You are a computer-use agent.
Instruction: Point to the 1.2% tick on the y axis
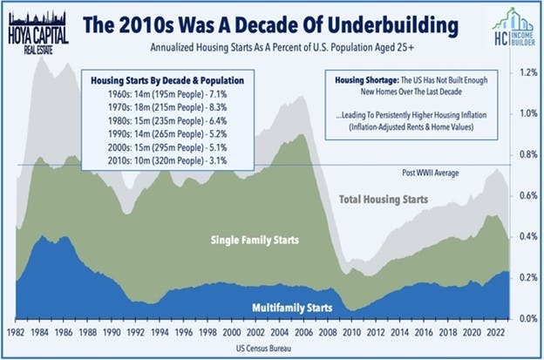[x=526, y=72]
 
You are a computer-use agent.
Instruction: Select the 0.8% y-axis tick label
[x=526, y=155]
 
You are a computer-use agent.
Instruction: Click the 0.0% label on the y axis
[x=526, y=319]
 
